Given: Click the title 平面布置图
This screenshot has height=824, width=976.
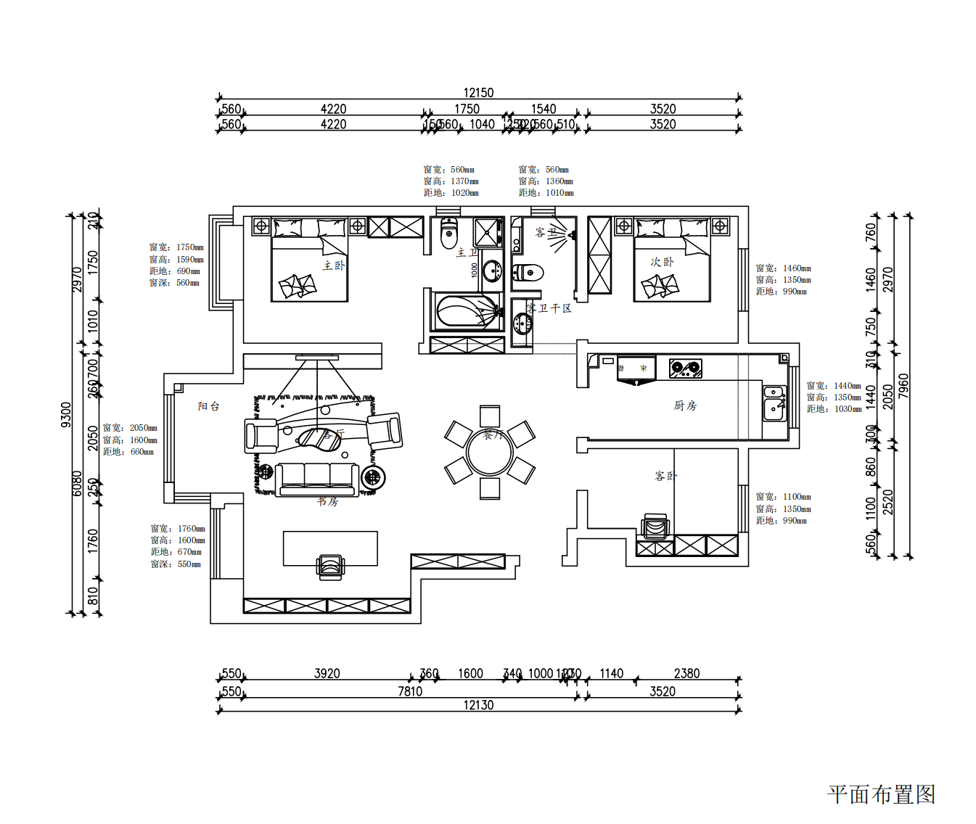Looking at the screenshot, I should (881, 794).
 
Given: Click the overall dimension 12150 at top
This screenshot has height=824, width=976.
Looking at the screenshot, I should (478, 93).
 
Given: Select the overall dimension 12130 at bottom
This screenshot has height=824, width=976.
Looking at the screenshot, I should (478, 705).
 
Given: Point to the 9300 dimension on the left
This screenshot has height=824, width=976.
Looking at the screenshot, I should (66, 415).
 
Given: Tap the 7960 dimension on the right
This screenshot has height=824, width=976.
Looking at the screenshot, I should (903, 386).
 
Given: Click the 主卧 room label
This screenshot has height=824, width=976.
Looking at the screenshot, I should (334, 265).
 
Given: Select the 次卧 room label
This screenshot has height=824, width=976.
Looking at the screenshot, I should (661, 262).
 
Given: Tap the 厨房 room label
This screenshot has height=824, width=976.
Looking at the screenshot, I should (684, 405).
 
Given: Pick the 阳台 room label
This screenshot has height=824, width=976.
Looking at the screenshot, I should (208, 406).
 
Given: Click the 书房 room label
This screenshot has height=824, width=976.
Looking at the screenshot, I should (327, 501).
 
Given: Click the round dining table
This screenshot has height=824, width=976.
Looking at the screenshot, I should (490, 453).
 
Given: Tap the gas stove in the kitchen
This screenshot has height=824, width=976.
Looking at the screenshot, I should (685, 368).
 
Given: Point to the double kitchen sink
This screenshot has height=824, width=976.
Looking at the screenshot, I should (774, 403).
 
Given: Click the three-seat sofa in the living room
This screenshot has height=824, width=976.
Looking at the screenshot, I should (317, 477).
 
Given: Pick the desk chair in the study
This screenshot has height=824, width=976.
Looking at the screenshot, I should (330, 566).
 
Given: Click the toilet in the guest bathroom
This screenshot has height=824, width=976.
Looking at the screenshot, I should (529, 273).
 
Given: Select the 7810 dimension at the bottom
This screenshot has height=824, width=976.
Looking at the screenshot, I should (410, 691).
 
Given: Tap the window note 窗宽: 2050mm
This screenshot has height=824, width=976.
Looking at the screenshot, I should (130, 428).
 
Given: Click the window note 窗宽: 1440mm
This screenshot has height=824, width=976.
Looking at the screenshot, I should (834, 386).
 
